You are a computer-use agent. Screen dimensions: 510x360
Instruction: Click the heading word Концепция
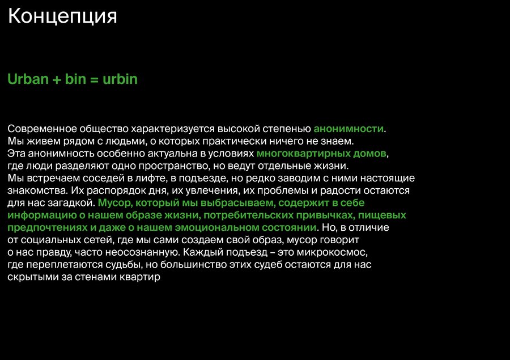pyautogui.click(x=62, y=16)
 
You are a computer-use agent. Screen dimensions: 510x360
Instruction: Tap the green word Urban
pyautogui.click(x=28, y=79)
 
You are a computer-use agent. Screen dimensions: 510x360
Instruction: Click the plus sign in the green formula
pyautogui.click(x=57, y=80)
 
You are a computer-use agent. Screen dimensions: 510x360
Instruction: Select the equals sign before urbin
pyautogui.click(x=94, y=80)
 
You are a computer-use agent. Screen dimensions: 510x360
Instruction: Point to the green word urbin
pyautogui.click(x=120, y=79)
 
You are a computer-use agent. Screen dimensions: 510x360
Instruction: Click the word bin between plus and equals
pyautogui.click(x=75, y=79)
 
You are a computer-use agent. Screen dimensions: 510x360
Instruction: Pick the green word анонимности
pyautogui.click(x=348, y=129)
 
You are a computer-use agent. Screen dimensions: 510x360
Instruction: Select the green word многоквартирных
pyautogui.click(x=304, y=154)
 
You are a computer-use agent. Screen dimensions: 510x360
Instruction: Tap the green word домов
pyautogui.click(x=370, y=154)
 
